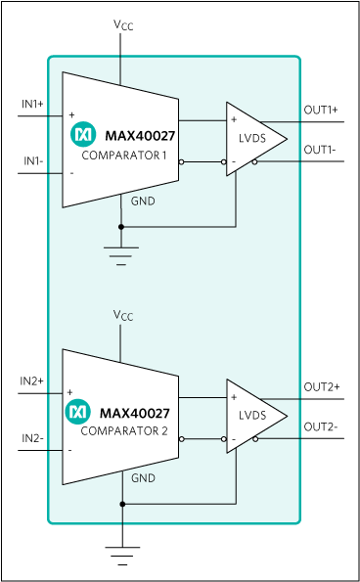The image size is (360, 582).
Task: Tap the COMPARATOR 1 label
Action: (x=124, y=156)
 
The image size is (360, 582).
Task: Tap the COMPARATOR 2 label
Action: (x=124, y=431)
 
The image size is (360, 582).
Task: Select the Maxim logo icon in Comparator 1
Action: (x=83, y=136)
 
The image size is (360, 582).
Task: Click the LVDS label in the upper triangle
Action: (x=251, y=138)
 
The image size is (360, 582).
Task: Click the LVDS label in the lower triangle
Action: (x=251, y=416)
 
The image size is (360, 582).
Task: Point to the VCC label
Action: (x=121, y=315)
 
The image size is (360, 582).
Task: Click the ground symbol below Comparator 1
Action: (x=121, y=255)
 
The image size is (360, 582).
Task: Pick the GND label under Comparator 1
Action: (x=143, y=201)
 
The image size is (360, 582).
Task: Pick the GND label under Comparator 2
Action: (x=143, y=479)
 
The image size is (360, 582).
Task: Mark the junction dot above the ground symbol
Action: (x=121, y=226)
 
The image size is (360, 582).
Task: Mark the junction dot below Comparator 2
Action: (x=121, y=504)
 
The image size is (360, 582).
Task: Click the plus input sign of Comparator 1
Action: (x=71, y=114)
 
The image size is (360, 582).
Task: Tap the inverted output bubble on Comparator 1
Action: (x=182, y=161)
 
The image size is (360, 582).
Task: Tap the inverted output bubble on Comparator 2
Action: (x=182, y=439)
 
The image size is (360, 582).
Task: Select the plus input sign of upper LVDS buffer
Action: (x=234, y=120)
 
